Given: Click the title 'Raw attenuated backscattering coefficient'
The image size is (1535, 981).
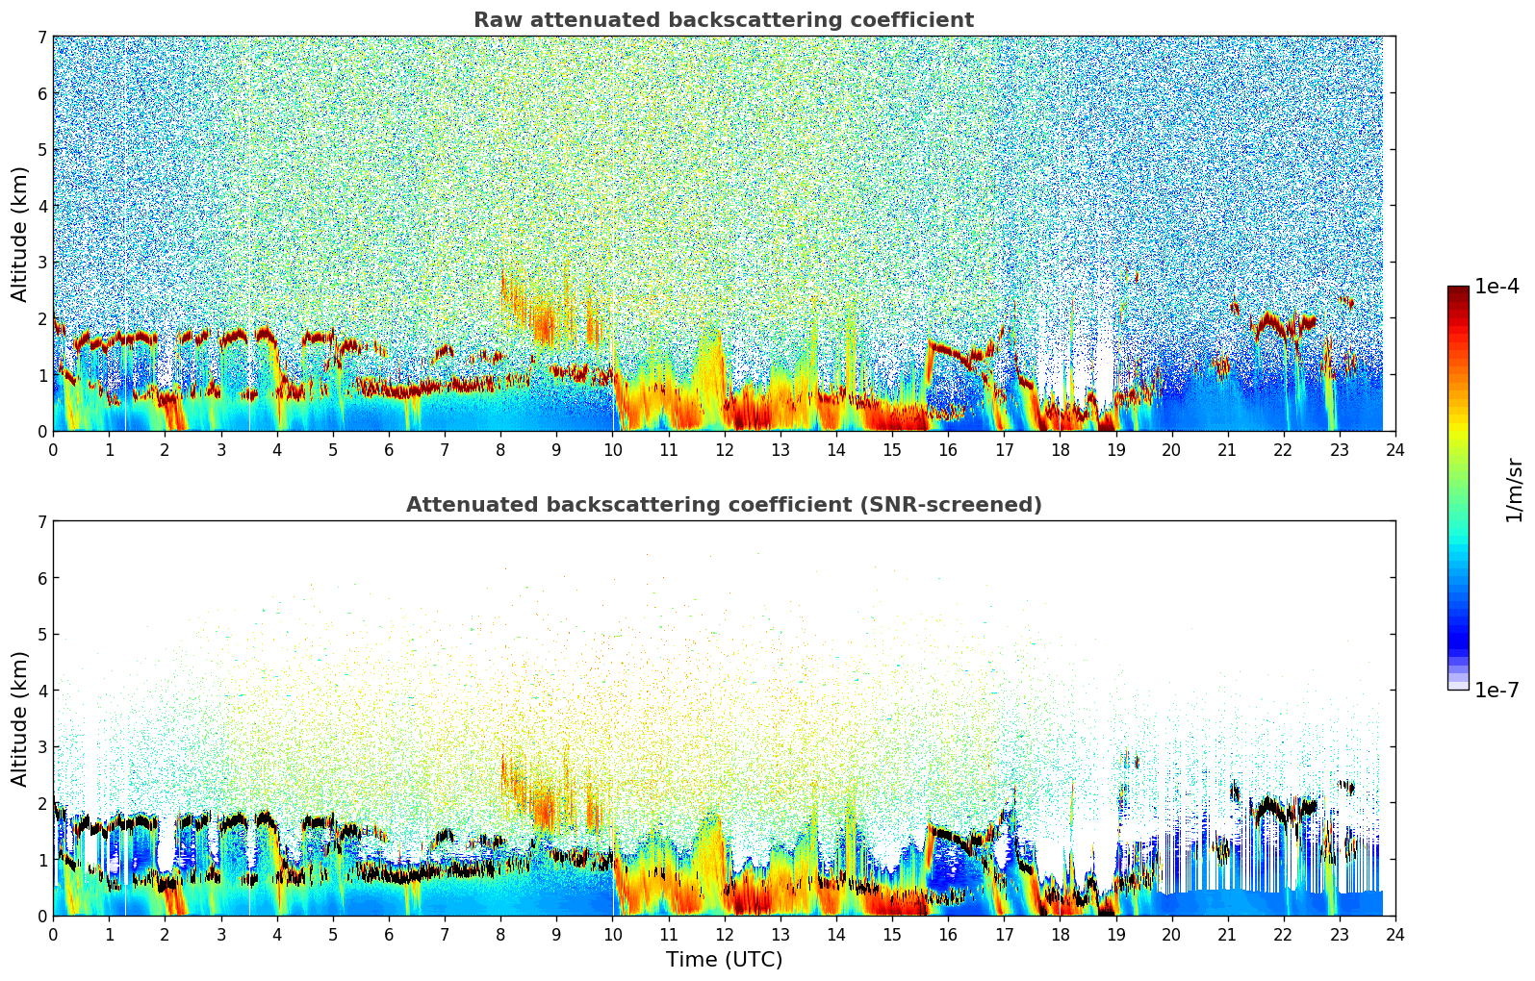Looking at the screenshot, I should [724, 20].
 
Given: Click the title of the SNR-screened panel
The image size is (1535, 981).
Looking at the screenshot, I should [724, 505].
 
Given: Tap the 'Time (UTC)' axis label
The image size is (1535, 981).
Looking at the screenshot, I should [724, 960].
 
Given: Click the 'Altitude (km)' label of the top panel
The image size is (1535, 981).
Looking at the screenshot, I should [20, 234].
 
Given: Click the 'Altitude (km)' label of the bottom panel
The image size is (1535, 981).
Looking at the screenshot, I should [20, 718].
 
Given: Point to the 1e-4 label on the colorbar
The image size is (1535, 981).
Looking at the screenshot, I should [1497, 287].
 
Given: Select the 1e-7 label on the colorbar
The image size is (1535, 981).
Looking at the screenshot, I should [1497, 690].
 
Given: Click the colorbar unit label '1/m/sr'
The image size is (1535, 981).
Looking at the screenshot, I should [1514, 490].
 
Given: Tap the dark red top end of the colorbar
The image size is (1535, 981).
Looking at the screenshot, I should [1458, 290].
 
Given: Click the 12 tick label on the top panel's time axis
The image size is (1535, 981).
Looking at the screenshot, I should [724, 449].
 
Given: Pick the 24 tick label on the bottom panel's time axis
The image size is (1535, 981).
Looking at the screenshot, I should [1395, 934].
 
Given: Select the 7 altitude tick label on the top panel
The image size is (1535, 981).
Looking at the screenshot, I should [42, 38].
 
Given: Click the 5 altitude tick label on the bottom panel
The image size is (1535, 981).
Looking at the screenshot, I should [42, 635].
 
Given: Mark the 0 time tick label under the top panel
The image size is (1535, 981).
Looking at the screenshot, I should [53, 449].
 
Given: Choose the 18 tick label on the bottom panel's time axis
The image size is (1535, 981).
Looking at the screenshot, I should [1060, 934].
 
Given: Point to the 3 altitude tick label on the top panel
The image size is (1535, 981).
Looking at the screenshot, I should [42, 263].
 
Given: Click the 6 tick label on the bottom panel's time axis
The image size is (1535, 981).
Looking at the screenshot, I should [389, 934].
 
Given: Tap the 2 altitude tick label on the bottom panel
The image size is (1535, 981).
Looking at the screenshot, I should [42, 803].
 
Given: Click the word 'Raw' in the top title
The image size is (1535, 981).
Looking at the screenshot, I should [494, 20].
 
